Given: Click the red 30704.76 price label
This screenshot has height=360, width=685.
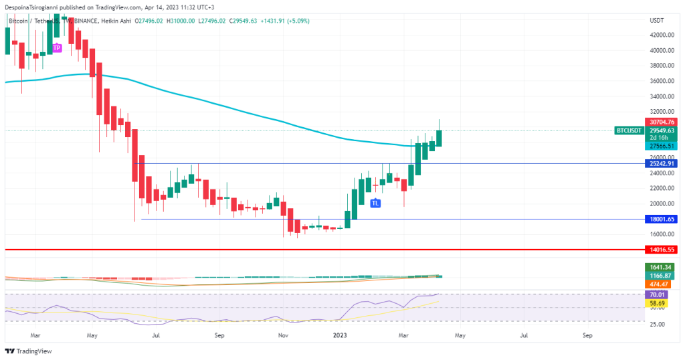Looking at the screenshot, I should [x=660, y=122].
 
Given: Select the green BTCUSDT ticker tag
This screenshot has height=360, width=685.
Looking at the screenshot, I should [x=629, y=130].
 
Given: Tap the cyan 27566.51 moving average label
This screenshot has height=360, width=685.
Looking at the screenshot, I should [x=660, y=146].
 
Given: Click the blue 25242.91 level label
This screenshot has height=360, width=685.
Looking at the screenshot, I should [x=660, y=163].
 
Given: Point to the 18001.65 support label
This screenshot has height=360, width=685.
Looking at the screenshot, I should [x=660, y=219].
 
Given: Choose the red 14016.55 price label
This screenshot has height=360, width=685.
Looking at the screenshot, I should [x=660, y=249].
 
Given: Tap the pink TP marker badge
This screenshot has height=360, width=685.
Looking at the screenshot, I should [x=57, y=48].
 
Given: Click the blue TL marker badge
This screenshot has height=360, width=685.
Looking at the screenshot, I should [x=376, y=203].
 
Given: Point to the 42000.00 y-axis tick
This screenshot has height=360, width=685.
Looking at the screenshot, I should [x=660, y=35].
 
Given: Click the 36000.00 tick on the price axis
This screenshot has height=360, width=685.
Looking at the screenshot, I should [x=660, y=81].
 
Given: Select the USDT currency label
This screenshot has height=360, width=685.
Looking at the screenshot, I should [x=656, y=21].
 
